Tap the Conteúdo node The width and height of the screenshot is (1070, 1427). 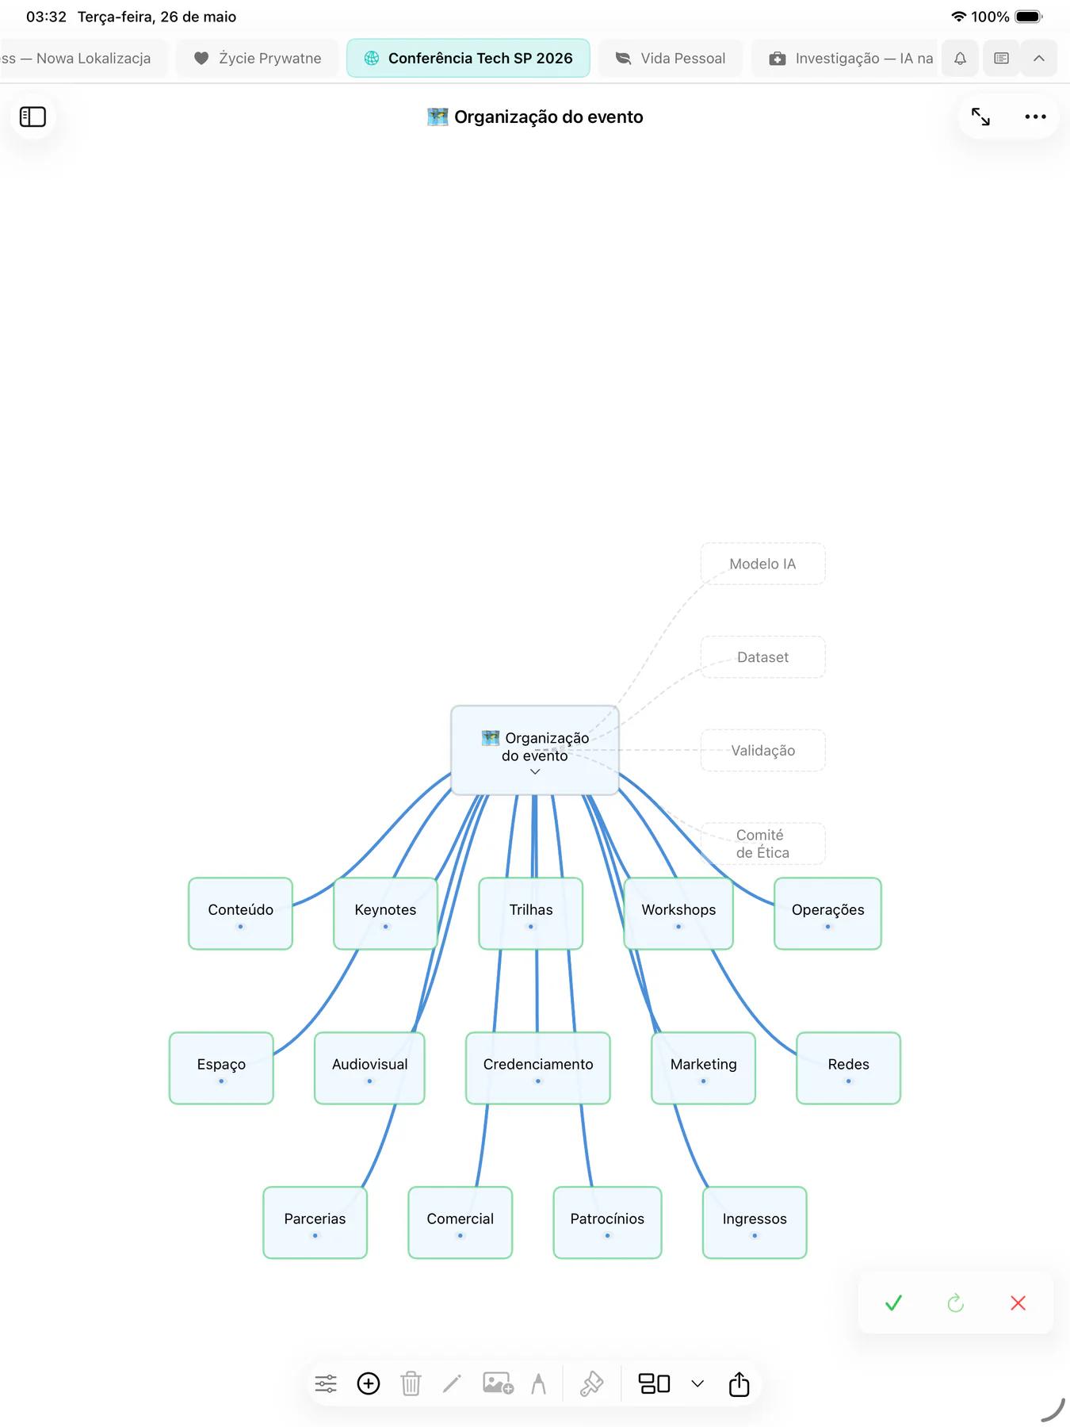point(240,913)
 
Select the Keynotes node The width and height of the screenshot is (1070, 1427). point(385,913)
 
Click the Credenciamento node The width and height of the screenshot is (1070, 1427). point(538,1068)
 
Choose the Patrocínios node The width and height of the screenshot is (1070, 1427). point(607,1222)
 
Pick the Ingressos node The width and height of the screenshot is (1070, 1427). point(755,1222)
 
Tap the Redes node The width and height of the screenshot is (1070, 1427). point(848,1068)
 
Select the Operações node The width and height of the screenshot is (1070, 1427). point(827,913)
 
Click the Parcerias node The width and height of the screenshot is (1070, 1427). point(315,1222)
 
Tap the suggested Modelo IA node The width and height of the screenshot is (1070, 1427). point(762,564)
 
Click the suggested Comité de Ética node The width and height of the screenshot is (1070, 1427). point(762,844)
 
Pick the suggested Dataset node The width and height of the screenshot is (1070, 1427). point(762,657)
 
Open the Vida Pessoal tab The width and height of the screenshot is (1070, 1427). point(671,58)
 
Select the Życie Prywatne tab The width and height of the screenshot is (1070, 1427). point(258,58)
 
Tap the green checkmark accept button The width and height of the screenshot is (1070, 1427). point(893,1303)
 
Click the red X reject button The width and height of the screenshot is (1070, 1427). point(1018,1303)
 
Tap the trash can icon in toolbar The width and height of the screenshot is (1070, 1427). point(411,1383)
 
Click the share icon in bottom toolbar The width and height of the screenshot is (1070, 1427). point(739,1383)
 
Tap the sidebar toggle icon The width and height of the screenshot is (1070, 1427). point(32,117)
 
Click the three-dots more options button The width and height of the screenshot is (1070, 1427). point(1035,117)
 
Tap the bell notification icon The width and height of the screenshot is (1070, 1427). point(960,58)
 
